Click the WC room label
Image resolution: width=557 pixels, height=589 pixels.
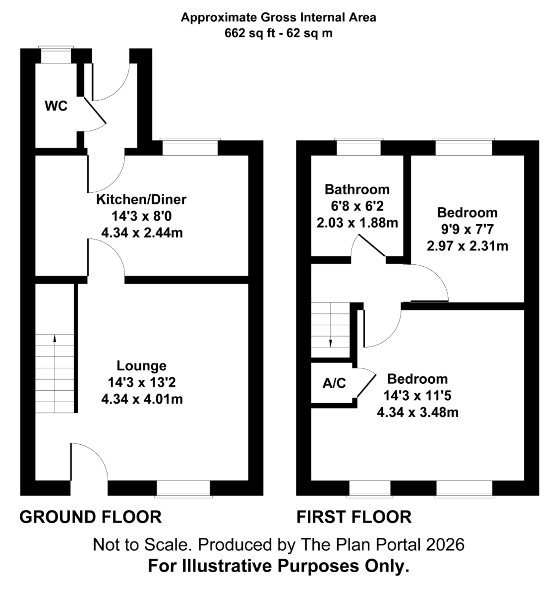(x=56, y=106)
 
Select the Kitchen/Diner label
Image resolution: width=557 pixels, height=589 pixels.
(x=141, y=200)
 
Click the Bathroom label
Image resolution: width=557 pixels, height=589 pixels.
(x=357, y=190)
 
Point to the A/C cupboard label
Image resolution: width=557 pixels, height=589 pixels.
(x=334, y=383)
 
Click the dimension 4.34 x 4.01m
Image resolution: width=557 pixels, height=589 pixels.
(x=142, y=399)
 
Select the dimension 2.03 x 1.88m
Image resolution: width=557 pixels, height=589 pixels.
(x=357, y=223)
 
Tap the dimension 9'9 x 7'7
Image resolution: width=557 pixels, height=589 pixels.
(x=467, y=229)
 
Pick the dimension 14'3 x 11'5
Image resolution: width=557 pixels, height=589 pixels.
(x=417, y=396)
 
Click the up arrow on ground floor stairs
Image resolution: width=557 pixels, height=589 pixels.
(x=55, y=339)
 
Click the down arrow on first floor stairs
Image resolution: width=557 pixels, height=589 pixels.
(x=330, y=343)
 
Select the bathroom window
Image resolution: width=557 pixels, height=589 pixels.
(x=358, y=148)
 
